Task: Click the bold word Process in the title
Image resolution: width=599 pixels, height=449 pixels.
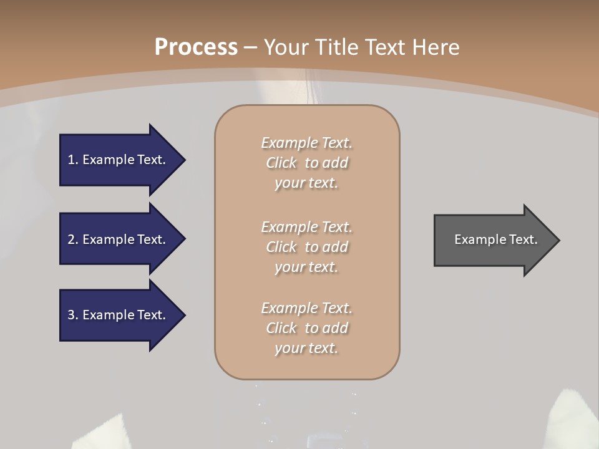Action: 196,47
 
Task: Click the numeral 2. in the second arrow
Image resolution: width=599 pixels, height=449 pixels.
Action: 73,239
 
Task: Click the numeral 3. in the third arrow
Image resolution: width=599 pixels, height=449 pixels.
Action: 73,315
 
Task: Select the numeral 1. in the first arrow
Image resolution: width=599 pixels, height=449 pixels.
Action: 72,160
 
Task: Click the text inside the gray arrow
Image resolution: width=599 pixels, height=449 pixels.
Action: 495,239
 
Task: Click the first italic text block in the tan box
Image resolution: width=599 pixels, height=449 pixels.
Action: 306,163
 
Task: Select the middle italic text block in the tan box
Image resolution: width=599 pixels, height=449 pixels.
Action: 306,246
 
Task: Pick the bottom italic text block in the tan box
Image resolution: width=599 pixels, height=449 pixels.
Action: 306,328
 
